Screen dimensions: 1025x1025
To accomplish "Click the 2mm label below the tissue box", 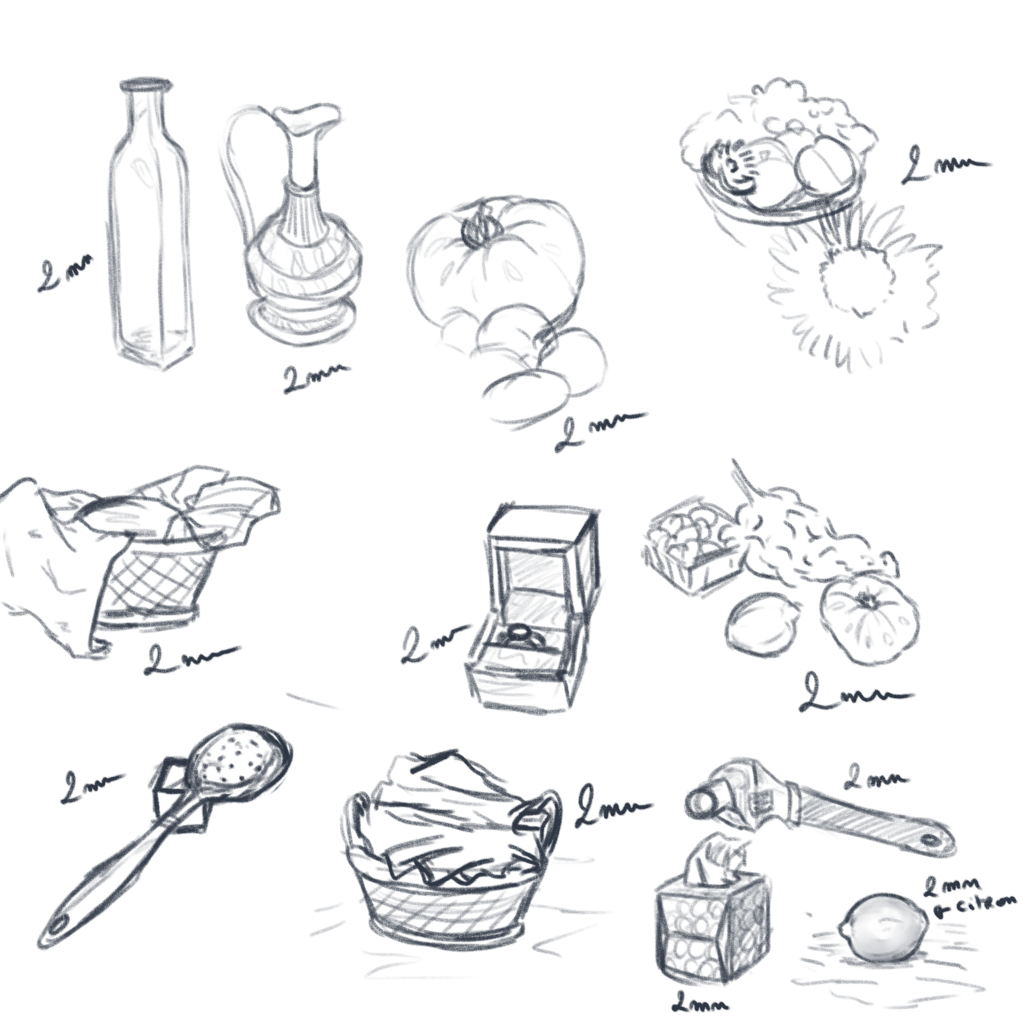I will pyautogui.click(x=699, y=1005).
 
